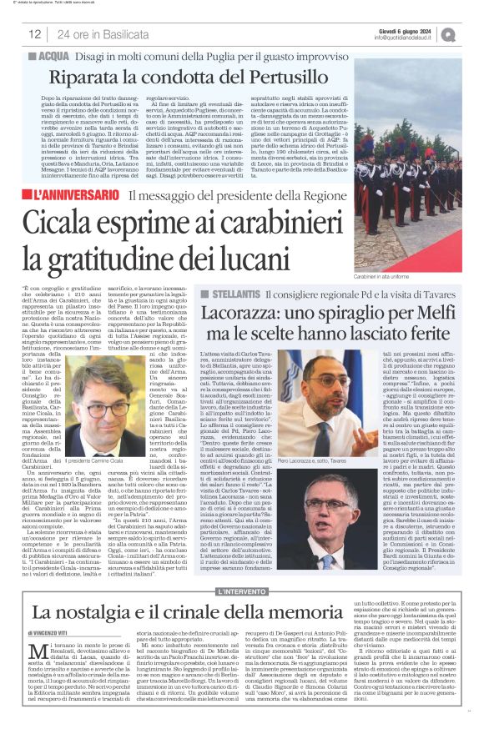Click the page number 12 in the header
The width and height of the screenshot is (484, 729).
pos(35,34)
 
